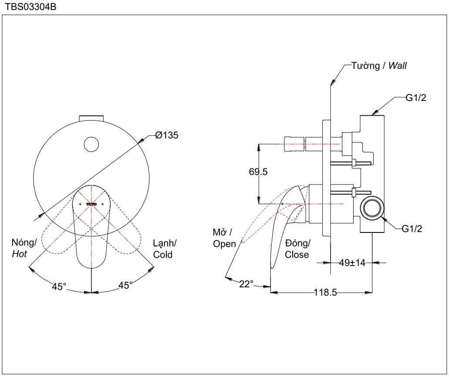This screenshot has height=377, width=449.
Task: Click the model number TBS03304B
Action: [x=30, y=7]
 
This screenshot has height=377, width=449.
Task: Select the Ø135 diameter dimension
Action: [x=167, y=135]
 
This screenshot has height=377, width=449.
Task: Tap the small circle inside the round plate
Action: [x=91, y=145]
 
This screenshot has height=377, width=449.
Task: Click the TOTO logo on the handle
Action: [x=91, y=203]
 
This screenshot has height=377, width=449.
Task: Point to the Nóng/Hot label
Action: [x=24, y=248]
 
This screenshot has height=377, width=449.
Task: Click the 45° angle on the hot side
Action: [x=59, y=286]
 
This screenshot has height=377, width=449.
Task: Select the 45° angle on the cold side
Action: [x=126, y=286]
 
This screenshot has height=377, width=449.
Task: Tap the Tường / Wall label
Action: [x=379, y=66]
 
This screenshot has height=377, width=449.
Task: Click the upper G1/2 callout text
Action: [x=416, y=98]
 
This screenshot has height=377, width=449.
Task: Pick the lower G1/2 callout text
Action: [x=412, y=228]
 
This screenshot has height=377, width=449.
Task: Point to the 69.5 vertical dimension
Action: [x=258, y=172]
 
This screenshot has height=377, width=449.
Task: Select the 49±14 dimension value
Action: [x=352, y=263]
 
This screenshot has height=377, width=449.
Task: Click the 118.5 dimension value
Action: [x=325, y=293]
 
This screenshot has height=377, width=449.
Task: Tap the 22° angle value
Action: [x=246, y=284]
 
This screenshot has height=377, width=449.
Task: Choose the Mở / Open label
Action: [x=224, y=238]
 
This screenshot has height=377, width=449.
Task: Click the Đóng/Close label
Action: [x=297, y=249]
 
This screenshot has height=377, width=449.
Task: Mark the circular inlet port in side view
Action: [x=373, y=208]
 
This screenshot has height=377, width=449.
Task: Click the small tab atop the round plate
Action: [x=91, y=118]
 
